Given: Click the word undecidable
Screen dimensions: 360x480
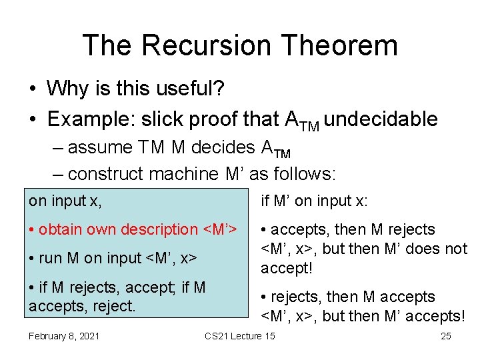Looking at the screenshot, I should coord(383,119).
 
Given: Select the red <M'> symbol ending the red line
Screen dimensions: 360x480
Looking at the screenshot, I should coord(219,229).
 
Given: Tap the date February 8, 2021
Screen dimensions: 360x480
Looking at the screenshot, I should coord(64,336).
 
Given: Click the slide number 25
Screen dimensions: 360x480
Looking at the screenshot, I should coord(446,336).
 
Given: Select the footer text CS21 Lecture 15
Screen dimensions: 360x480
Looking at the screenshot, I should coord(239,336).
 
